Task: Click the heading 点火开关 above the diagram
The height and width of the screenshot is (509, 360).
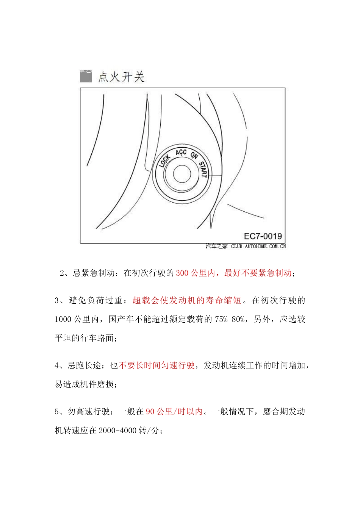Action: (121, 77)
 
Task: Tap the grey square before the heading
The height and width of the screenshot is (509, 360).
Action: (86, 76)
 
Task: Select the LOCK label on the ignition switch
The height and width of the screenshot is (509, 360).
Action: (164, 161)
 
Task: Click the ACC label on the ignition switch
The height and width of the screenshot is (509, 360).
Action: (181, 153)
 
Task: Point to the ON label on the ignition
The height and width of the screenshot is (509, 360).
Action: (194, 155)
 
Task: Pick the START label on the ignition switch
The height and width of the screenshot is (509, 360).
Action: (203, 169)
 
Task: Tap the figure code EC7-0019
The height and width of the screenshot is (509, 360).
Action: (263, 236)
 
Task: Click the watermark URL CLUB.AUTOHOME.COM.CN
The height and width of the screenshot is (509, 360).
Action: (258, 246)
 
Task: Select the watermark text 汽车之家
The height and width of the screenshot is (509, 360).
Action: (217, 246)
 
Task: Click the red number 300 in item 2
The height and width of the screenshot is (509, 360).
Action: (182, 273)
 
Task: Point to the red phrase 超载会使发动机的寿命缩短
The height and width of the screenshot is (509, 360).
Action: (187, 300)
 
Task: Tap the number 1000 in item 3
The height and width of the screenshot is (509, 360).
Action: (63, 319)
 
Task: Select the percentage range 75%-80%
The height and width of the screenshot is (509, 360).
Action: (230, 319)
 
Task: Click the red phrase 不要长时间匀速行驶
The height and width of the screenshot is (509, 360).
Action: (157, 365)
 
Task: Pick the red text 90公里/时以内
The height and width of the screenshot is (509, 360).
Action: (174, 412)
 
